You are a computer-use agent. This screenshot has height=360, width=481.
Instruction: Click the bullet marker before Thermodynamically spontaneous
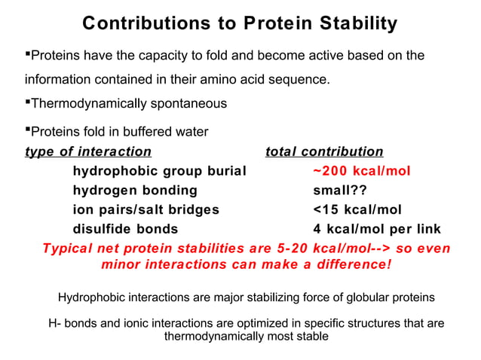point(28,102)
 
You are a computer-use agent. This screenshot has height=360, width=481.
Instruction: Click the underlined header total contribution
point(324,151)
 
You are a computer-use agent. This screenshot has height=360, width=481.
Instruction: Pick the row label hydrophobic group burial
point(159,171)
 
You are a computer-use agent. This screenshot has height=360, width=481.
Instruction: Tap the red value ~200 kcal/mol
point(362,171)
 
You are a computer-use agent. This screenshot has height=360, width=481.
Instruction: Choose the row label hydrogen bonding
point(134,191)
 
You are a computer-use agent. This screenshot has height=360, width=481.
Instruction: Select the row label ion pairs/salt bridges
point(146,209)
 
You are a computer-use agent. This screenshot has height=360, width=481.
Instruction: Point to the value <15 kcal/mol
point(357,209)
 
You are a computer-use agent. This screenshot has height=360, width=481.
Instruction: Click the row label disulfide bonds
point(125,229)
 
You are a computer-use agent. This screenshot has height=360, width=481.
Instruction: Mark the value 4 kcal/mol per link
point(377,229)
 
